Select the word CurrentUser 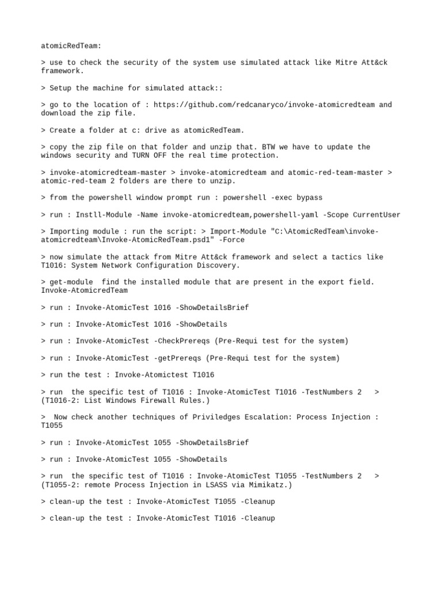click(x=377, y=215)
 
